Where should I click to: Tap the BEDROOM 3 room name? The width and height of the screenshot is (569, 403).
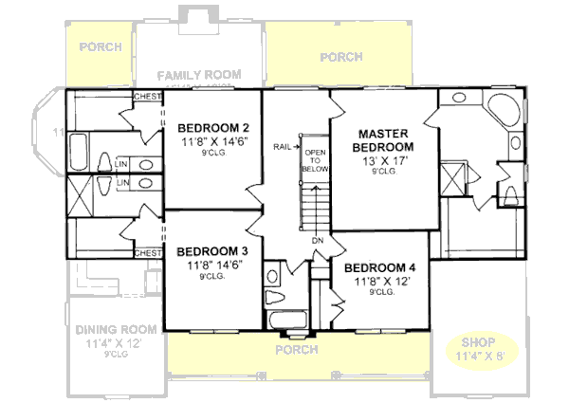pos(211,251)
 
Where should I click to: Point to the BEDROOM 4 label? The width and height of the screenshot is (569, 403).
pos(386,267)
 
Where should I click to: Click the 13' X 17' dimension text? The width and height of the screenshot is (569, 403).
pos(383,160)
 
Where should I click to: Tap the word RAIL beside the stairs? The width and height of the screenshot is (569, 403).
pos(282,147)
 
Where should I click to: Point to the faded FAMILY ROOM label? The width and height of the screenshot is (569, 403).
pos(199,75)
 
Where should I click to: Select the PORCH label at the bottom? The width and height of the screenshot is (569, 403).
pos(296,350)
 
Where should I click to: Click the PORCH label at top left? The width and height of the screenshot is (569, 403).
pos(99,46)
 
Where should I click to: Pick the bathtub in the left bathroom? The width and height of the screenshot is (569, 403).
pos(80,152)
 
